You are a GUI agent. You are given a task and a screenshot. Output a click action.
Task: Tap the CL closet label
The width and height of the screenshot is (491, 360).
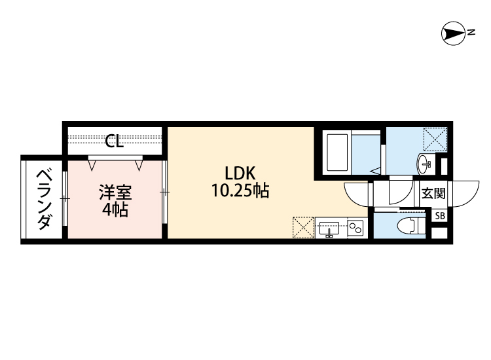(x=115, y=141)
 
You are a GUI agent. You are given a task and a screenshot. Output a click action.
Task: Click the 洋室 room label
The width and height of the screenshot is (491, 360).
(x=115, y=193)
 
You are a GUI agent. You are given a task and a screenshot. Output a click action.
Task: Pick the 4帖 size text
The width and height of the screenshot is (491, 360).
(x=115, y=210)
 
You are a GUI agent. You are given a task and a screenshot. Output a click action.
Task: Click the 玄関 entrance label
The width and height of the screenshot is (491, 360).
(x=433, y=193)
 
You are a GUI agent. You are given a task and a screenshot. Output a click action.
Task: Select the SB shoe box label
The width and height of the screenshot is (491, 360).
(x=439, y=215)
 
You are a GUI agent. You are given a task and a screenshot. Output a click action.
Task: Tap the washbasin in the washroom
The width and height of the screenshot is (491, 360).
(x=424, y=161)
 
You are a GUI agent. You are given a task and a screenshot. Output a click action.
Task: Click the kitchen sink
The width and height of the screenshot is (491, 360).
(x=329, y=228)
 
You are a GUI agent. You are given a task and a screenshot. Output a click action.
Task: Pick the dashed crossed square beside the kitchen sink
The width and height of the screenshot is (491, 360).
(x=303, y=227)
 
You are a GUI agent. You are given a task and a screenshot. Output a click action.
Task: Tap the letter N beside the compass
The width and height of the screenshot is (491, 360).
(x=471, y=31)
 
